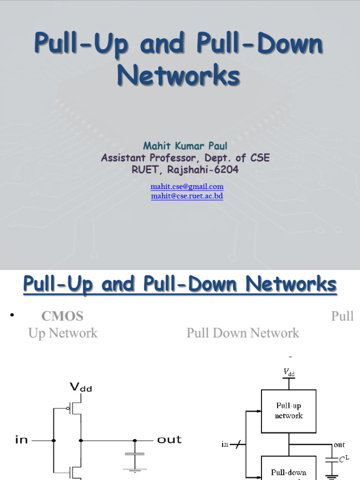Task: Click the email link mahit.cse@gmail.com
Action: (187, 187)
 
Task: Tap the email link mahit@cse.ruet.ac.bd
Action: (187, 196)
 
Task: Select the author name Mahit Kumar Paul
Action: (185, 146)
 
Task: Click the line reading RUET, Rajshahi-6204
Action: (185, 170)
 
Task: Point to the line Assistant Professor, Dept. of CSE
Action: (185, 158)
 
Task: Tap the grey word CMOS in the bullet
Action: (62, 316)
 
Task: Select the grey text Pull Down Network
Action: (242, 333)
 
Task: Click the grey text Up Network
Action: (63, 333)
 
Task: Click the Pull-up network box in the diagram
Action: (289, 411)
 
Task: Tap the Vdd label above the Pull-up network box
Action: (289, 372)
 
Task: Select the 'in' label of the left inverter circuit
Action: (22, 440)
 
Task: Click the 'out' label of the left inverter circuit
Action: (169, 440)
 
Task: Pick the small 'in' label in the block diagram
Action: (225, 444)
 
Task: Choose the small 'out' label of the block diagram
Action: (339, 444)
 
